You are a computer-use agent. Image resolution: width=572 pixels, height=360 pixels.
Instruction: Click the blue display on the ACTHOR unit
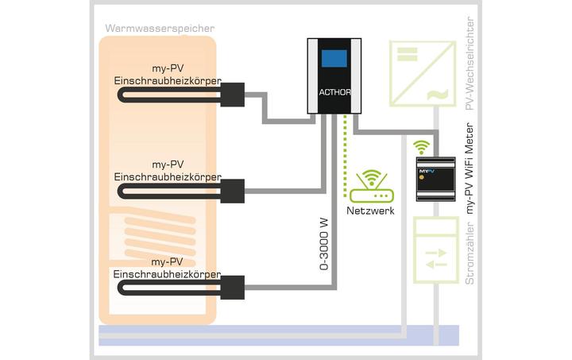point(334,57)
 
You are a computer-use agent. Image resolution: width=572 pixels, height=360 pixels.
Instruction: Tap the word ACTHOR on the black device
point(334,91)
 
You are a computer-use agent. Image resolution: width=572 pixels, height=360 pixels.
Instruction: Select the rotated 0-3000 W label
point(324,242)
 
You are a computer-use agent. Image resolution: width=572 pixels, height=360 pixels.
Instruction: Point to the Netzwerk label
point(370,211)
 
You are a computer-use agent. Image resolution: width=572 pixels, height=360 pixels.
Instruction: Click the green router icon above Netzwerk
point(370,188)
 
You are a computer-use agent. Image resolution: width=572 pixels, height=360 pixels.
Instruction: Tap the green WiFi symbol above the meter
point(422,146)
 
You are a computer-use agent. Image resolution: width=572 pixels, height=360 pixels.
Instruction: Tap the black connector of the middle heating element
point(232,191)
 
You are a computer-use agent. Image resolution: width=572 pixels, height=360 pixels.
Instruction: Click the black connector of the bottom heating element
point(232,283)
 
